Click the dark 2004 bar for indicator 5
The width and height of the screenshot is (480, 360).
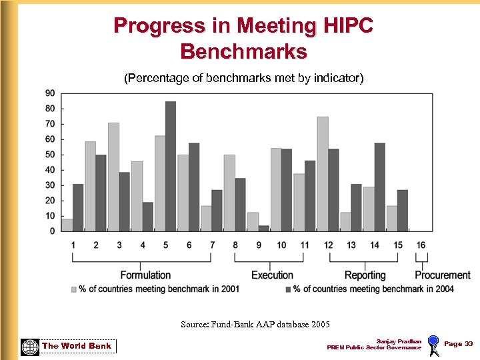tap(171, 167)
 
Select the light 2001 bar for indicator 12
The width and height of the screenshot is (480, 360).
tap(322, 174)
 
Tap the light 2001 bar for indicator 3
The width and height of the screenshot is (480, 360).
tap(113, 177)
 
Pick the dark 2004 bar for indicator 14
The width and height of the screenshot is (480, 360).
tap(379, 187)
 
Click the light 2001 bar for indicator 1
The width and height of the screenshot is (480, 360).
tap(67, 225)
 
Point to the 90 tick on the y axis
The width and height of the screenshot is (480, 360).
tap(51, 93)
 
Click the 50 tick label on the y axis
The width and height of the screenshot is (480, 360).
tap(51, 155)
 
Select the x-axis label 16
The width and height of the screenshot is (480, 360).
tap(421, 245)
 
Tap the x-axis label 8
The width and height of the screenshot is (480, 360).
tap(235, 245)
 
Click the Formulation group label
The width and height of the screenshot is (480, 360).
tap(145, 275)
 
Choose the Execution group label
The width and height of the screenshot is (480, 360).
tap(272, 275)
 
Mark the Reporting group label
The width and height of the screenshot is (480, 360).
tap(365, 275)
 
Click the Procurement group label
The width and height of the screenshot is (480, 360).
tap(442, 275)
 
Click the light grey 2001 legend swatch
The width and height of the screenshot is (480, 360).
tap(74, 289)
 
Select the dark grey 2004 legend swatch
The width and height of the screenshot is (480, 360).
tap(288, 289)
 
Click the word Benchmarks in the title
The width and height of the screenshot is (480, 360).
tap(243, 51)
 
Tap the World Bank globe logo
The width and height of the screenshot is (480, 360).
tap(29, 347)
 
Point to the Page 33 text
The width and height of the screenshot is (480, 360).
tap(458, 344)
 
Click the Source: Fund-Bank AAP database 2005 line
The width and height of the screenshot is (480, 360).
tap(255, 325)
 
